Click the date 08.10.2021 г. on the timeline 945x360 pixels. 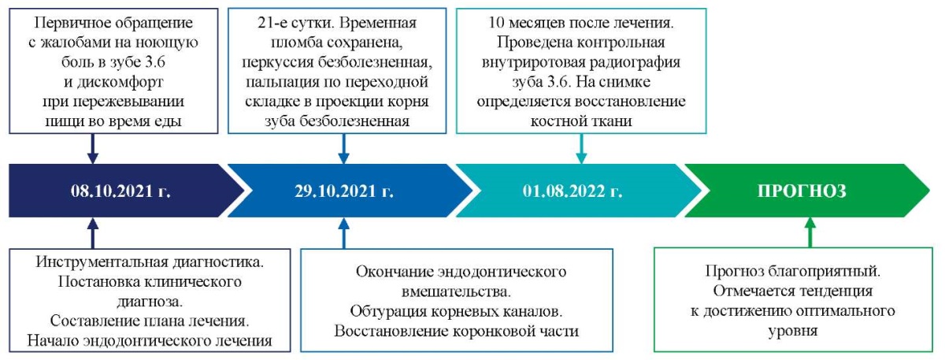[x=120, y=191]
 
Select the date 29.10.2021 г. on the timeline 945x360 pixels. [x=344, y=191]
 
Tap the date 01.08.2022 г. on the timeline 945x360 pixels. [x=573, y=191]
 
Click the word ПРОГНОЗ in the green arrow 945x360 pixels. [x=802, y=191]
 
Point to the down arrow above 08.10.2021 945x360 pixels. [x=93, y=149]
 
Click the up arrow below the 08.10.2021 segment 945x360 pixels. [x=93, y=233]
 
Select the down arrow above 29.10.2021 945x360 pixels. [x=344, y=149]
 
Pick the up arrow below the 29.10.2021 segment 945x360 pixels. [x=344, y=233]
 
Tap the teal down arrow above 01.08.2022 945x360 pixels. [x=581, y=149]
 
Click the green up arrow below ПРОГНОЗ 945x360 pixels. [x=810, y=232]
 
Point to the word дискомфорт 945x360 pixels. [x=120, y=82]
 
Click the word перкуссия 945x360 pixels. [x=277, y=62]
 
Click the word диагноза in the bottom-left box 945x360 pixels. [x=150, y=302]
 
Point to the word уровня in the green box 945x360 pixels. [x=793, y=331]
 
